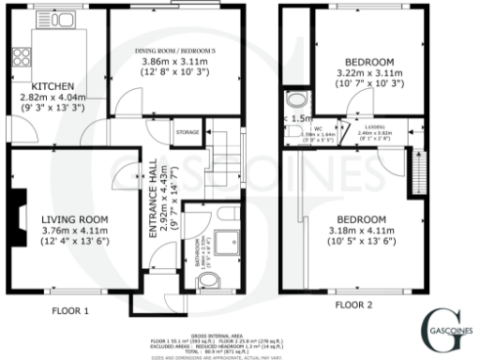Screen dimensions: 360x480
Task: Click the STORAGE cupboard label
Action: (187, 133)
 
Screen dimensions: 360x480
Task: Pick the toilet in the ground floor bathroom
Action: (209, 279)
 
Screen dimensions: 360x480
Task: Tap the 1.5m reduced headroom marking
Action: (301, 120)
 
